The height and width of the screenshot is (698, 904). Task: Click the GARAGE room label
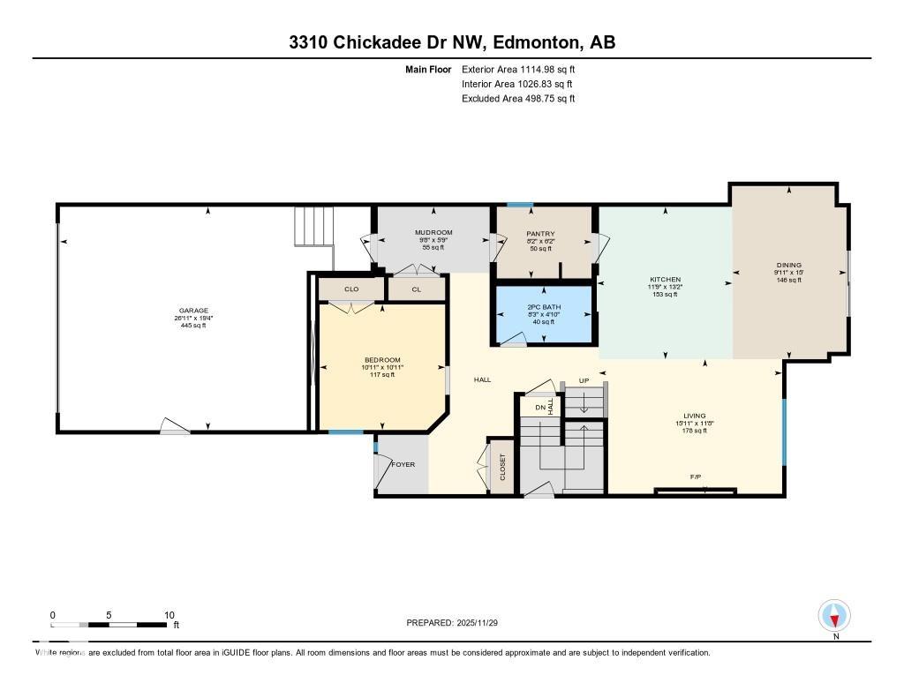click(193, 311)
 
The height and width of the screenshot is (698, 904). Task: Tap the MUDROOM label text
click(433, 233)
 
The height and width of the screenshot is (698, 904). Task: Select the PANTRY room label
click(539, 234)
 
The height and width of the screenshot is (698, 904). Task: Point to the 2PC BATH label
click(540, 308)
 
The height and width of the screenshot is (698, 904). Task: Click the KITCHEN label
click(664, 280)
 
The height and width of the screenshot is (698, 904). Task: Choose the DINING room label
click(788, 265)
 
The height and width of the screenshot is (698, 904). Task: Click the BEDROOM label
click(382, 360)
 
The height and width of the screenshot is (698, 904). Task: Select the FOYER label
click(403, 465)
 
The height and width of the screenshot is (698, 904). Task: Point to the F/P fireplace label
click(696, 477)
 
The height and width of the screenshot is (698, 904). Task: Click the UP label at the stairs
click(584, 380)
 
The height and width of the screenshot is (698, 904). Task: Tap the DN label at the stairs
click(539, 408)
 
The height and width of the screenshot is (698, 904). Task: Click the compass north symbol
click(833, 615)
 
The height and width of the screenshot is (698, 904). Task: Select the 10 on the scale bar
click(169, 615)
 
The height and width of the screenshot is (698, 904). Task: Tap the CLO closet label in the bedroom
click(350, 289)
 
